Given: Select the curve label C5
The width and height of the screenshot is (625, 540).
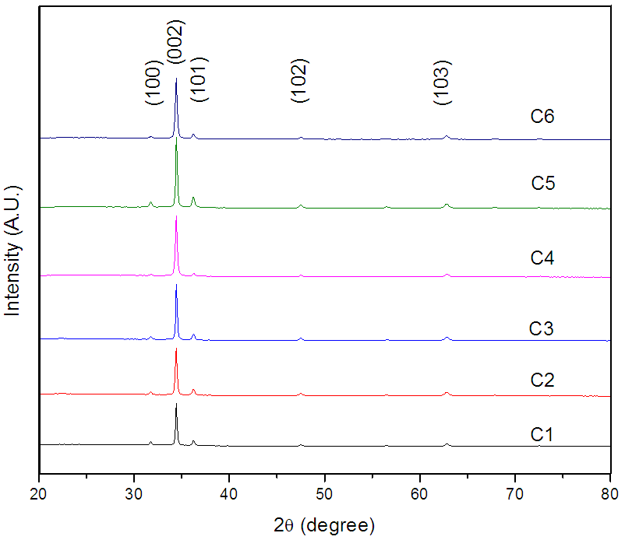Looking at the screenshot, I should [542, 184].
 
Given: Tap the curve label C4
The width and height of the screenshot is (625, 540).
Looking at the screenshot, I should [542, 258].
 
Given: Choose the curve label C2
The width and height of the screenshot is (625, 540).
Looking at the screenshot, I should [542, 380].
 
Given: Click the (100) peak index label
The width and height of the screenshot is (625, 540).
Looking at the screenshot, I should [153, 86].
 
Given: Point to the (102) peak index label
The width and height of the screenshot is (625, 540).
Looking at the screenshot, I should [300, 81].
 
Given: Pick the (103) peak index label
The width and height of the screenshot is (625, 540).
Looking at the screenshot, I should [442, 81].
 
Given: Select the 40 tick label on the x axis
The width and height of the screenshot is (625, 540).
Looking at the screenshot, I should [229, 493].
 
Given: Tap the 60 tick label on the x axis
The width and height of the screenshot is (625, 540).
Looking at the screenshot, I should [420, 493].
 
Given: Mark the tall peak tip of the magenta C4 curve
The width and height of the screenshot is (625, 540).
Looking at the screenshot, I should [176, 216].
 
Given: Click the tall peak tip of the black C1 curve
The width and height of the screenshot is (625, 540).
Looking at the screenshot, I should [176, 405].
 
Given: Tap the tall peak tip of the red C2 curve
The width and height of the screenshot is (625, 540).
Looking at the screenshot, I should [176, 349].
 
